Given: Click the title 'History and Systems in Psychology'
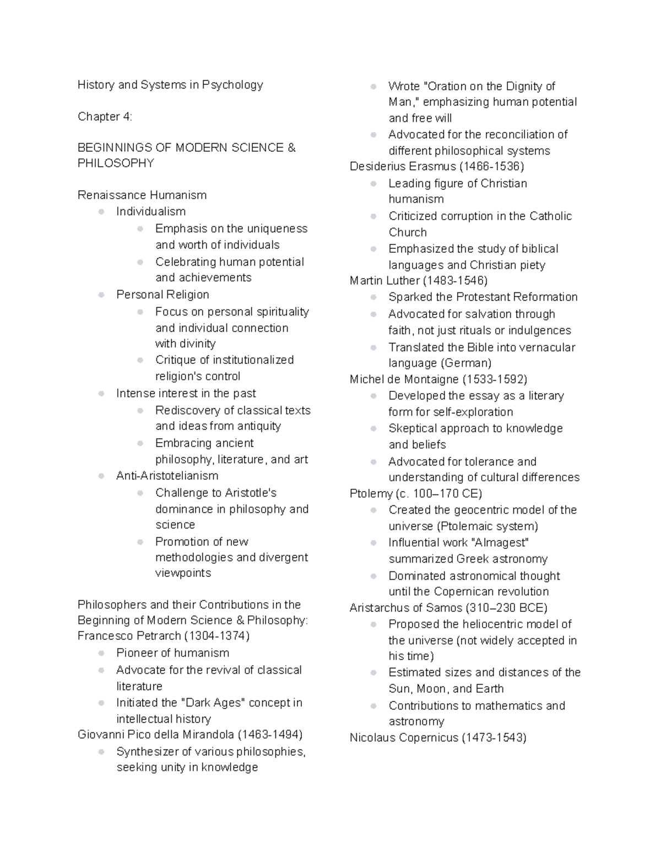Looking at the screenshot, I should click(x=170, y=85).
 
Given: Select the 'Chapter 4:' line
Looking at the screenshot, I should click(x=105, y=117).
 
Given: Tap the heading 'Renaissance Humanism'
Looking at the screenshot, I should click(x=142, y=195).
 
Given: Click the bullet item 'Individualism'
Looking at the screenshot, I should click(x=150, y=211).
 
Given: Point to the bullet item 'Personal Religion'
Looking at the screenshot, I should click(x=162, y=295).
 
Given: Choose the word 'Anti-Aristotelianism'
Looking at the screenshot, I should click(x=167, y=476).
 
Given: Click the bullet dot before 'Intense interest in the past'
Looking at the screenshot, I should click(x=101, y=394).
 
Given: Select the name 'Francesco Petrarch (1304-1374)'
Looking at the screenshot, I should click(x=164, y=636).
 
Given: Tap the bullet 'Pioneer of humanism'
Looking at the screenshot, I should click(x=172, y=653).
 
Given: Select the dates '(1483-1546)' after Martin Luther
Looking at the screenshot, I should click(x=455, y=281).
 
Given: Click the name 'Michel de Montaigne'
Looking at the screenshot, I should click(x=404, y=379).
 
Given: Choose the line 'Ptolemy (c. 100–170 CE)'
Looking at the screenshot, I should click(x=416, y=493).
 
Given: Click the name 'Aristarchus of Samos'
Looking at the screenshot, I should click(x=406, y=608).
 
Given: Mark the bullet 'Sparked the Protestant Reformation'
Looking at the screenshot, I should click(x=483, y=297).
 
